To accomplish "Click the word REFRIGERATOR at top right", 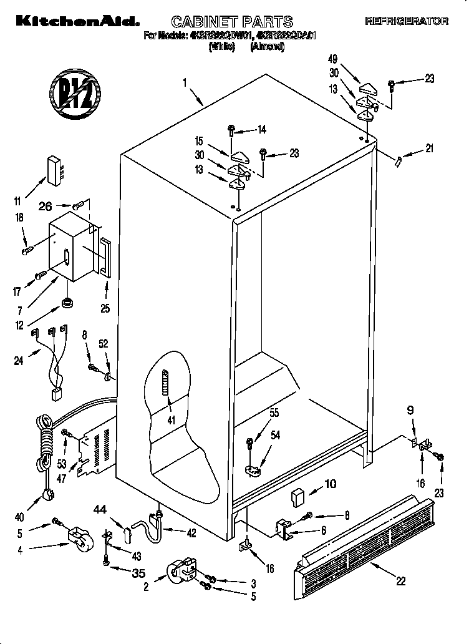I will [406, 21].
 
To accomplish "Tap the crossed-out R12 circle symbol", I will [75, 93].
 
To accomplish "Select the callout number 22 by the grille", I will [400, 581].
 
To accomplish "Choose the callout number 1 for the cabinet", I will [185, 81].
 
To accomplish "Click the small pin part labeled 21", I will [397, 161].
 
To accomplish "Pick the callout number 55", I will [274, 412].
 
